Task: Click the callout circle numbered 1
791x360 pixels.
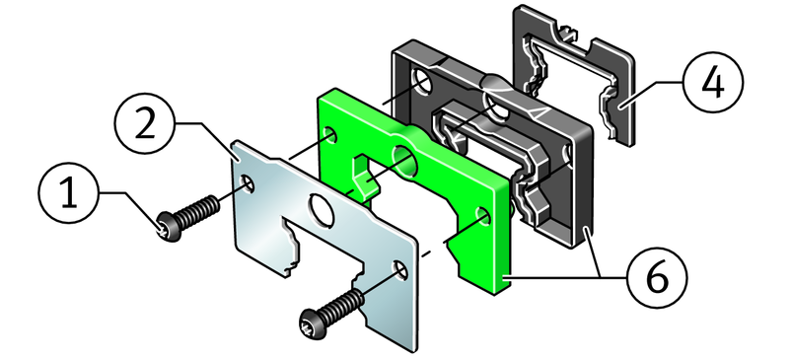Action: [x=69, y=192]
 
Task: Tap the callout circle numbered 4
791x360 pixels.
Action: [x=713, y=82]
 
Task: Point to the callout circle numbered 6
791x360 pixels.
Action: [x=657, y=278]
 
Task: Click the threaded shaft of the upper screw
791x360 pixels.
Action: [x=199, y=212]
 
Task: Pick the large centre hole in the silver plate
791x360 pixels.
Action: [x=322, y=208]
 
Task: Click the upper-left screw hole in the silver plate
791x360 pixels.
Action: [x=247, y=184]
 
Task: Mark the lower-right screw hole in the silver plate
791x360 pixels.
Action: [x=400, y=270]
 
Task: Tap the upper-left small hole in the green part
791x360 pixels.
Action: [x=330, y=135]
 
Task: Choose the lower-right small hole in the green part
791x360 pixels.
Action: [x=482, y=217]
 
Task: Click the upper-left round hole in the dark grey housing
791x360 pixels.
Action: [x=421, y=81]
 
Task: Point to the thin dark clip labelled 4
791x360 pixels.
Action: [x=574, y=76]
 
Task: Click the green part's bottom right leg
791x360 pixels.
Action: [x=484, y=272]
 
